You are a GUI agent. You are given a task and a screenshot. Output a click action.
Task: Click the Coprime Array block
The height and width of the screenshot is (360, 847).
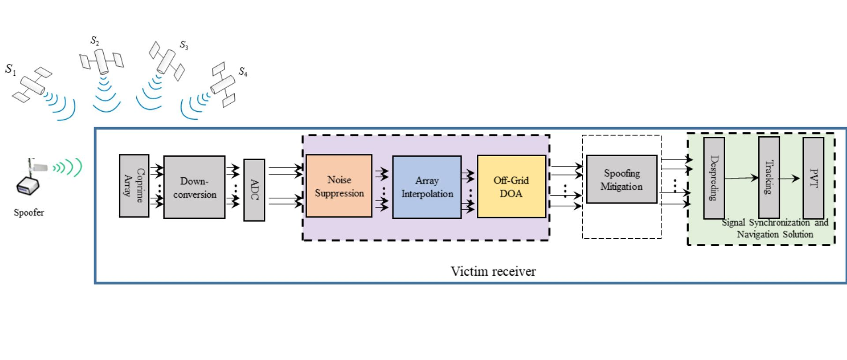134,186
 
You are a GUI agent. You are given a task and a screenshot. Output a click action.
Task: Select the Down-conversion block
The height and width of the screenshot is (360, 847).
194,187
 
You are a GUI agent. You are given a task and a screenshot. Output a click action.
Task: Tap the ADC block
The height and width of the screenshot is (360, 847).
254,190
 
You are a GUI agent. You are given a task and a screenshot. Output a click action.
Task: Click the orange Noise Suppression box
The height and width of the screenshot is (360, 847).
339,186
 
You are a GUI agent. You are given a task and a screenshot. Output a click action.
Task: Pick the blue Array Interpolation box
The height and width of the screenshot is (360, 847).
427,187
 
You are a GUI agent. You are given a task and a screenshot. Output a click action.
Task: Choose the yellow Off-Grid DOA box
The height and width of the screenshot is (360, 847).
511,186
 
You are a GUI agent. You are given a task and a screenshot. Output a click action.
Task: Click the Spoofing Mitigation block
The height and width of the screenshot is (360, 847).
621,179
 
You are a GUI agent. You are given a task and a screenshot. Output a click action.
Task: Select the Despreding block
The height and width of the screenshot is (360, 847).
714,178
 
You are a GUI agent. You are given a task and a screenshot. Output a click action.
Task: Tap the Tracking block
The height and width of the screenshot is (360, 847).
768,177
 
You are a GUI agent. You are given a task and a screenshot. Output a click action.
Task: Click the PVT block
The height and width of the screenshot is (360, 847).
813,178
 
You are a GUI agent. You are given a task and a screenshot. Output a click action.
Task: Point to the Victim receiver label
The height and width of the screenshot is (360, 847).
493,271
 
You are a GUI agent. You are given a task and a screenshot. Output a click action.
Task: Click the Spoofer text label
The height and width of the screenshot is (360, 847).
29,213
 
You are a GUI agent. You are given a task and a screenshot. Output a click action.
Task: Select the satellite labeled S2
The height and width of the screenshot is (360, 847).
101,60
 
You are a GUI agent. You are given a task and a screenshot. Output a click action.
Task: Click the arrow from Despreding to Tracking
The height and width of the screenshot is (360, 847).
741,178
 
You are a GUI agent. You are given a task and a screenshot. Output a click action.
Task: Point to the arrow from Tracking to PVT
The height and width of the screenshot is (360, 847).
790,178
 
